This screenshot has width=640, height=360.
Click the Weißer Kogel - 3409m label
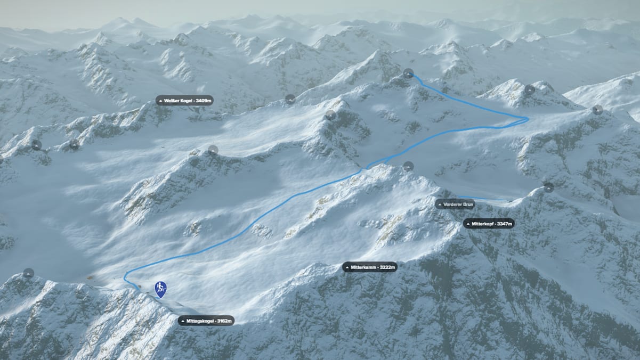[185, 100]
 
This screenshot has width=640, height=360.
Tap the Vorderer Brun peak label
[455, 204]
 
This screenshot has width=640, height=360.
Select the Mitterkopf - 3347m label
[489, 224]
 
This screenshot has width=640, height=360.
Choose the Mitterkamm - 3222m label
[370, 267]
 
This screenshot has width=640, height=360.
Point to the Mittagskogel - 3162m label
[206, 321]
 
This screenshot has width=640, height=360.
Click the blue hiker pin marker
[160, 289]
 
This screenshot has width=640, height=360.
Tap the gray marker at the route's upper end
[408, 73]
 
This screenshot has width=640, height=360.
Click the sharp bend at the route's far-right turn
[527, 119]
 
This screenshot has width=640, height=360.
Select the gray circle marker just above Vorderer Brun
[408, 166]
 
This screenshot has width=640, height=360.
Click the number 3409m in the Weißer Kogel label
[204, 100]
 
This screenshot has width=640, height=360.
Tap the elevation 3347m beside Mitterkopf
[504, 224]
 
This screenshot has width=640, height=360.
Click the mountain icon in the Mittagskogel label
[183, 321]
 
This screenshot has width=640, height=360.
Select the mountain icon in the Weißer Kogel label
[160, 100]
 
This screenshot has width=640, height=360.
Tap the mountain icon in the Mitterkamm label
[347, 267]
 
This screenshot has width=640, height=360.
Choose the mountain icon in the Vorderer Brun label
[440, 204]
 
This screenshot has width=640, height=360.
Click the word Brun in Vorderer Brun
[467, 204]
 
